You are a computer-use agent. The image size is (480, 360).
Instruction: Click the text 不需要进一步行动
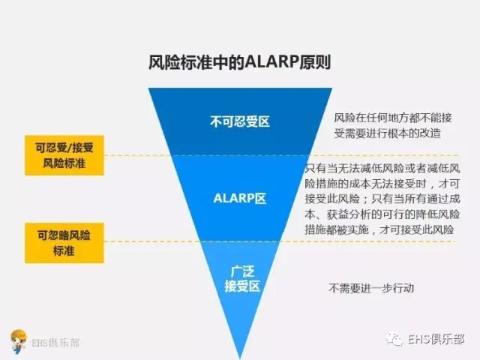point(371,288)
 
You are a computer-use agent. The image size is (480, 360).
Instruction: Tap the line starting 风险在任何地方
point(387,118)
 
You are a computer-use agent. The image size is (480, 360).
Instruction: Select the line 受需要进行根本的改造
point(387,133)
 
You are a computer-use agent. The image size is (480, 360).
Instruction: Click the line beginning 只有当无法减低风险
point(383,166)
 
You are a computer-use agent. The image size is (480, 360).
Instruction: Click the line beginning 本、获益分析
point(383,214)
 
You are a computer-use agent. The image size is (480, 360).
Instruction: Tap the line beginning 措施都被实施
point(383,229)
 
